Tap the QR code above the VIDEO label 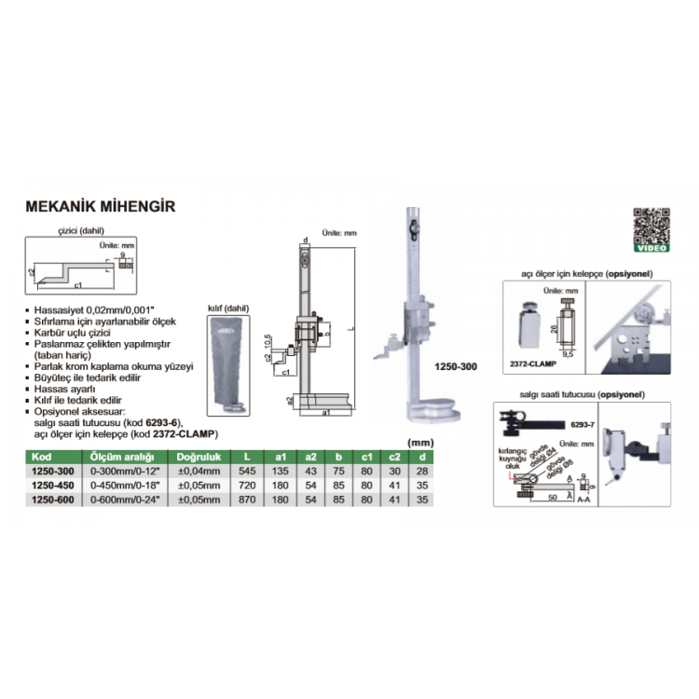[651, 224]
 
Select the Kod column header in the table [41, 458]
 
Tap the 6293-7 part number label [582, 424]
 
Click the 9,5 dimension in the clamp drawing [567, 354]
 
